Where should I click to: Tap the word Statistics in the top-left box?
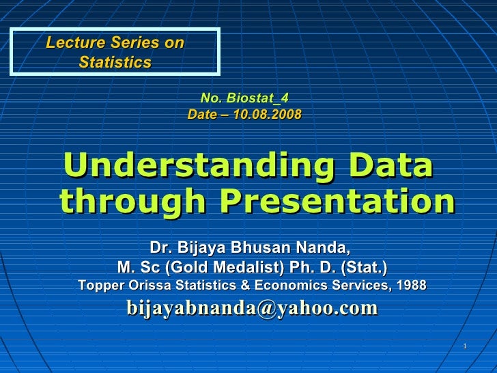pos(115,62)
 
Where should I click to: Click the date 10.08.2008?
pos(266,114)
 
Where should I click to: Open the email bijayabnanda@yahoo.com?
pos(252,308)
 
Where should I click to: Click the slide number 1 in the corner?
pos(464,346)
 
